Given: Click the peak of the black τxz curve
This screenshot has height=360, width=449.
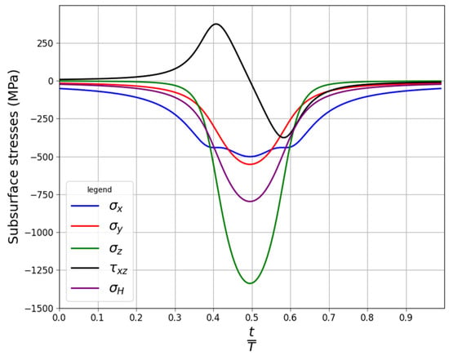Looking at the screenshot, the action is pyautogui.click(x=216, y=24).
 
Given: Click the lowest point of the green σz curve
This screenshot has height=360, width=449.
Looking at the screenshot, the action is pyautogui.click(x=251, y=283).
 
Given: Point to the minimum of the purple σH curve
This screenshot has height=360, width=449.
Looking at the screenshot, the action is pyautogui.click(x=251, y=202).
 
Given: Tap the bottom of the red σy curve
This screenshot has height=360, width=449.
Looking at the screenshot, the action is pyautogui.click(x=251, y=164).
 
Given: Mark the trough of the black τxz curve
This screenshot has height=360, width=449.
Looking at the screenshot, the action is pyautogui.click(x=283, y=137).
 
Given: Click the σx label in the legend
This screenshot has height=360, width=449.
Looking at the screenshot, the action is pyautogui.click(x=116, y=207).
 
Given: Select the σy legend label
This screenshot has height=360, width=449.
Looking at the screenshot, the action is pyautogui.click(x=116, y=227).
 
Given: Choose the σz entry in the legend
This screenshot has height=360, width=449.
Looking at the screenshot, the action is pyautogui.click(x=116, y=248).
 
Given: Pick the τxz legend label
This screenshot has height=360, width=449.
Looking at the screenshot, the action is pyautogui.click(x=118, y=269).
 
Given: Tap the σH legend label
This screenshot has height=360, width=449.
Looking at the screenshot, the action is pyautogui.click(x=117, y=288).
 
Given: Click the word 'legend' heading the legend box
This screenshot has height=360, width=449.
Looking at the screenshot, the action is pyautogui.click(x=100, y=190).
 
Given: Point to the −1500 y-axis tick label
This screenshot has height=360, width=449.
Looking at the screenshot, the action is pyautogui.click(x=39, y=309).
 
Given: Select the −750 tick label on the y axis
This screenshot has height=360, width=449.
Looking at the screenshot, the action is pyautogui.click(x=42, y=195).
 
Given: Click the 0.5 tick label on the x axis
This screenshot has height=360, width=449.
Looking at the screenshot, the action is pyautogui.click(x=251, y=318).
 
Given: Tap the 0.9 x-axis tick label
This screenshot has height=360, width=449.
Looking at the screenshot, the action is pyautogui.click(x=406, y=318).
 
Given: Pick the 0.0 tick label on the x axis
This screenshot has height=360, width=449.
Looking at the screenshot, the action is pyautogui.click(x=60, y=318).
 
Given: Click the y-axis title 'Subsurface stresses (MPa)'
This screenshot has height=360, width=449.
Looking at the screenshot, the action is pyautogui.click(x=13, y=157).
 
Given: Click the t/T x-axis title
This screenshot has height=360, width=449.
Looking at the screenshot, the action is pyautogui.click(x=251, y=339).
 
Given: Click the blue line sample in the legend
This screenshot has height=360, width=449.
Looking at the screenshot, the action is pyautogui.click(x=85, y=206).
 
